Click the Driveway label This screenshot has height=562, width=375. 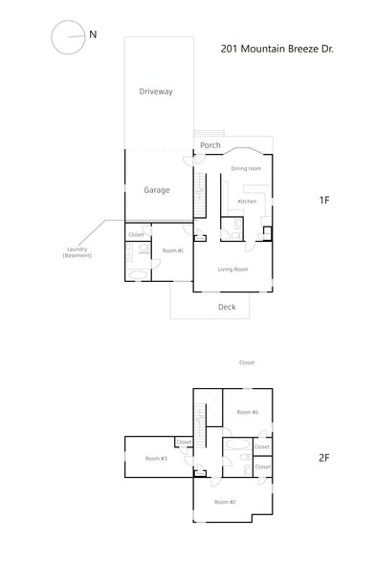[155, 92]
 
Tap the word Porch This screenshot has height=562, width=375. [210, 145]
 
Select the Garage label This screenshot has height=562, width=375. [157, 190]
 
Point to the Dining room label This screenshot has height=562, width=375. [246, 169]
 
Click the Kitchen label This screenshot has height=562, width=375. [247, 202]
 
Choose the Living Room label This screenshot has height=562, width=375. [232, 270]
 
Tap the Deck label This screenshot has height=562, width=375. [227, 307]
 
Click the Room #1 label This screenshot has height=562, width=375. [173, 250]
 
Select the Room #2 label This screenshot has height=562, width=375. [225, 502]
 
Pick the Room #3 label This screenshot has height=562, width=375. [157, 460]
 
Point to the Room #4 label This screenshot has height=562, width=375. [249, 412]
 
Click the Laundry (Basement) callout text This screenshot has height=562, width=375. [76, 253]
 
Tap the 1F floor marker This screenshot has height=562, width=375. [324, 201]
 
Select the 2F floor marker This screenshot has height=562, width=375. [323, 458]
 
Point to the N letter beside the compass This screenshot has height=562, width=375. [93, 34]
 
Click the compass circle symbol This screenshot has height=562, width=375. [67, 38]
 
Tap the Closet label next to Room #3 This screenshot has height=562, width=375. [184, 443]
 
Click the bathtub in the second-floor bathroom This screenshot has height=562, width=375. [236, 445]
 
